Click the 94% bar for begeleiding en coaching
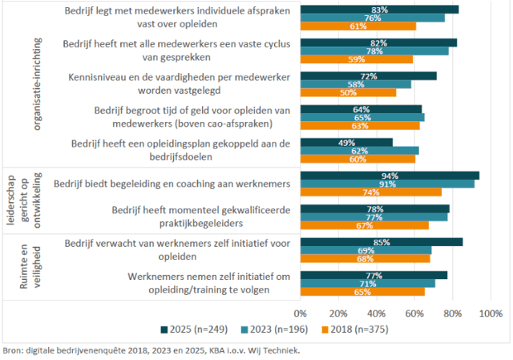(x=390, y=176)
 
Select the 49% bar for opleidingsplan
(x=347, y=143)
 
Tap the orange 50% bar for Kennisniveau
(x=349, y=92)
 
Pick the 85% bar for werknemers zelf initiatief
(x=382, y=242)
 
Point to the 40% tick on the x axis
(x=377, y=312)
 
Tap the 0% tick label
(x=301, y=312)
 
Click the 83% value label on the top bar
(x=380, y=10)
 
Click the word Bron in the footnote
(x=13, y=350)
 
